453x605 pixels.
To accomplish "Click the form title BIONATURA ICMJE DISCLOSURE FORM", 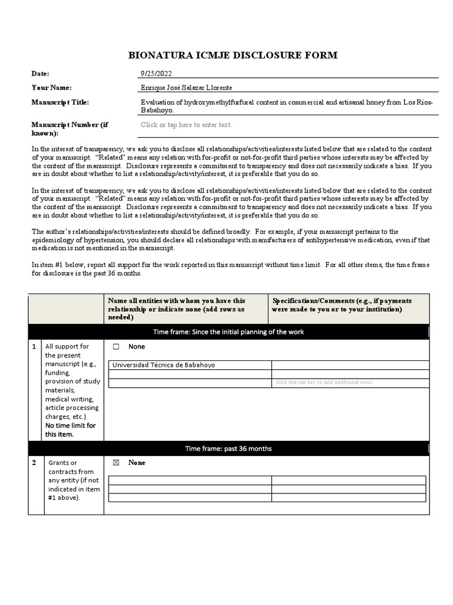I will coord(233,56).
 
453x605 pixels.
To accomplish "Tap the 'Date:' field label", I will coord(40,73).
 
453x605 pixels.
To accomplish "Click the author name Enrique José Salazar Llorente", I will coord(186,87).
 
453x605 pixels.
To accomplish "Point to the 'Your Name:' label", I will coord(51,87).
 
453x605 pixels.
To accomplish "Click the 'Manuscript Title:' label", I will coord(60,102).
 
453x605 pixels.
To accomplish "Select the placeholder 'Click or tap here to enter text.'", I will coord(186,125).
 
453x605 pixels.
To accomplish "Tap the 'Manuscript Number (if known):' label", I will coord(69,129).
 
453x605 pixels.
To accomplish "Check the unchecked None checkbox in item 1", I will coord(116,347).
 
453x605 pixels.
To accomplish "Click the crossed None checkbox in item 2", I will coord(116,463).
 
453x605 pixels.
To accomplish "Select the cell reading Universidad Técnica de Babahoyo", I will coord(163,365).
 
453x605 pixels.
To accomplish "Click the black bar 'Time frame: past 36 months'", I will coord(228,448).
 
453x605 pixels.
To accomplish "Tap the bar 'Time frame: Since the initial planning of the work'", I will coord(228,332).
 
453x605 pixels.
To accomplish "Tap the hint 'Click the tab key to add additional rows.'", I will coord(324,382).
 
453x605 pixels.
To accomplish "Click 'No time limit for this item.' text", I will coord(70,430).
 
